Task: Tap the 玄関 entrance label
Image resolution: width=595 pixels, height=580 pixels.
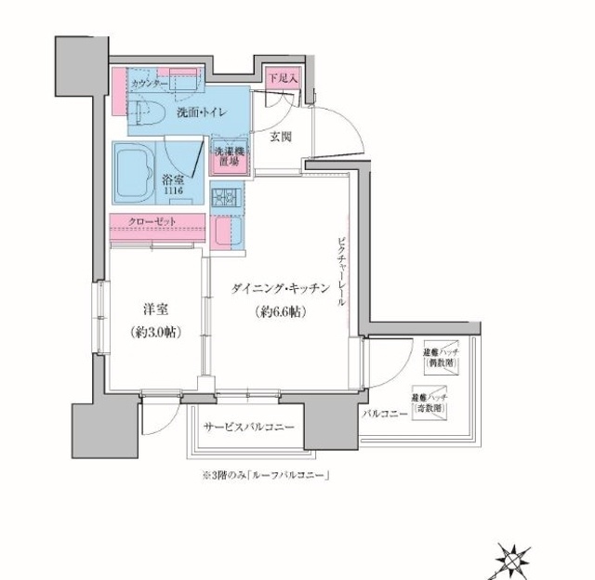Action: (282, 137)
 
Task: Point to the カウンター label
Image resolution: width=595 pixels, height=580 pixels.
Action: (149, 83)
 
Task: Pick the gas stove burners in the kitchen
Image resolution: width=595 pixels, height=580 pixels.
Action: (226, 197)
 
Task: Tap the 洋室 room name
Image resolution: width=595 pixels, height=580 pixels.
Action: (155, 309)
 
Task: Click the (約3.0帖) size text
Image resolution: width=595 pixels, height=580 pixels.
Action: (155, 332)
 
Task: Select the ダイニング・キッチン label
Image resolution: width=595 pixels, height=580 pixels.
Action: (280, 289)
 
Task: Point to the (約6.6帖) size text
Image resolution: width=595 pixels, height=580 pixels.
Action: (280, 313)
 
